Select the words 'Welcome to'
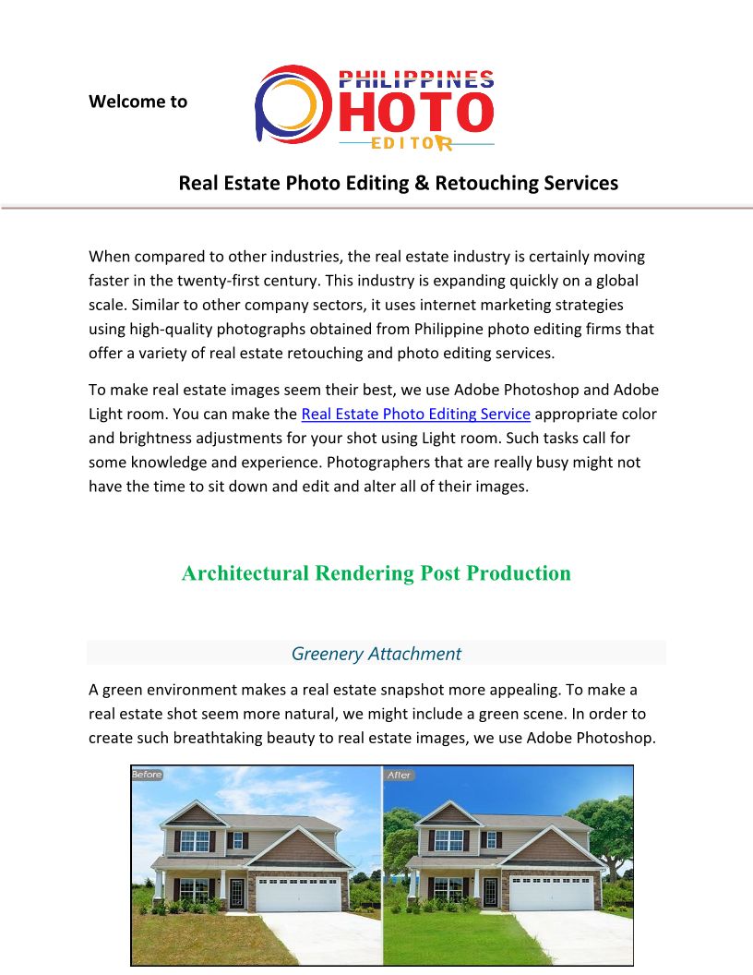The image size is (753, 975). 137,102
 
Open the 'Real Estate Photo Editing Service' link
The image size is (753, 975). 415,414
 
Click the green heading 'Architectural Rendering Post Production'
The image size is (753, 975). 376,573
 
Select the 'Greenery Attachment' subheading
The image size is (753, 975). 376,654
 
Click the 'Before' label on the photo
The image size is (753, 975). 147,775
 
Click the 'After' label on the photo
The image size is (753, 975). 400,775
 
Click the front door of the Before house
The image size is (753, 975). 236,892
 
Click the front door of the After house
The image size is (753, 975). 490,892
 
